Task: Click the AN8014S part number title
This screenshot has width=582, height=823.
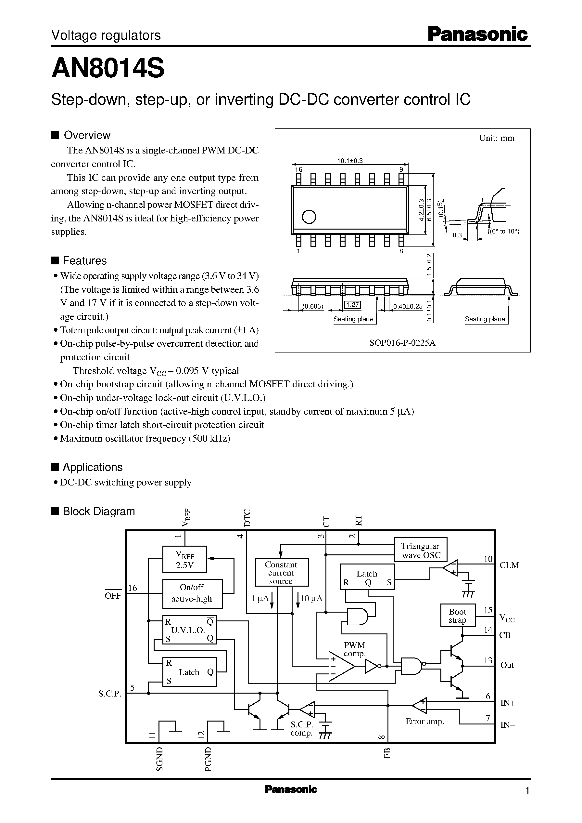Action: pyautogui.click(x=108, y=69)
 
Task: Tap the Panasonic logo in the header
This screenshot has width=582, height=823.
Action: pyautogui.click(x=478, y=35)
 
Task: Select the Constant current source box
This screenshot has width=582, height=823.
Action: pyautogui.click(x=281, y=573)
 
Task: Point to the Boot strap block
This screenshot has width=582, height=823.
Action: pyautogui.click(x=458, y=616)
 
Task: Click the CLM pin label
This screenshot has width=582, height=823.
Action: pyautogui.click(x=509, y=565)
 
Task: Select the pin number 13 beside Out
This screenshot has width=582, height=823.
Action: pyautogui.click(x=488, y=660)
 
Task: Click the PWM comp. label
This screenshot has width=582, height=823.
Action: pyautogui.click(x=354, y=649)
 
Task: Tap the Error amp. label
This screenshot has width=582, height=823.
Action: pyautogui.click(x=425, y=722)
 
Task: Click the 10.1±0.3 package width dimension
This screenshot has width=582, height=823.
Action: pyautogui.click(x=350, y=161)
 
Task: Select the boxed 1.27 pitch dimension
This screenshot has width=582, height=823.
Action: pyautogui.click(x=353, y=305)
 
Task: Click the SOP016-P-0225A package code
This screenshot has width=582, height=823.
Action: pyautogui.click(x=402, y=343)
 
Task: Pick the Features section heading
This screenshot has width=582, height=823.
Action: pyautogui.click(x=84, y=260)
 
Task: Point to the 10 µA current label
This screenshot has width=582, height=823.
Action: pyautogui.click(x=311, y=598)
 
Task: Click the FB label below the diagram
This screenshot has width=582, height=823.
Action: pyautogui.click(x=387, y=753)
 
